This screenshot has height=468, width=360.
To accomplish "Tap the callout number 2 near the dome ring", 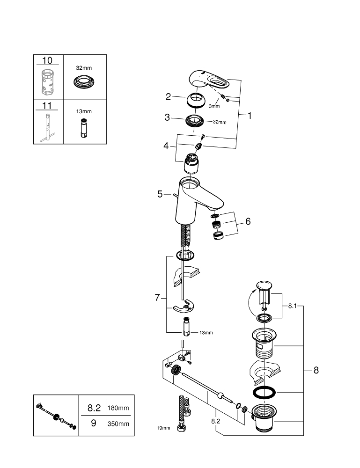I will pyautogui.click(x=168, y=97).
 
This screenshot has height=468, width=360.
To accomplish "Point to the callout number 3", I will pyautogui.click(x=167, y=117).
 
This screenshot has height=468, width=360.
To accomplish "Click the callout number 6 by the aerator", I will pyautogui.click(x=248, y=221).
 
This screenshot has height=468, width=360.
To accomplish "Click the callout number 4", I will pyautogui.click(x=166, y=146).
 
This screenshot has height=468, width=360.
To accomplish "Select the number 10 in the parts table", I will pyautogui.click(x=48, y=60).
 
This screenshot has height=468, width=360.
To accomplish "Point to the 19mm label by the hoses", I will pyautogui.click(x=163, y=428).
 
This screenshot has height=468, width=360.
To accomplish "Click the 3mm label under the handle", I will pyautogui.click(x=214, y=106).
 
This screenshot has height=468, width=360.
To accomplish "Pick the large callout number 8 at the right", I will pyautogui.click(x=316, y=370).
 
